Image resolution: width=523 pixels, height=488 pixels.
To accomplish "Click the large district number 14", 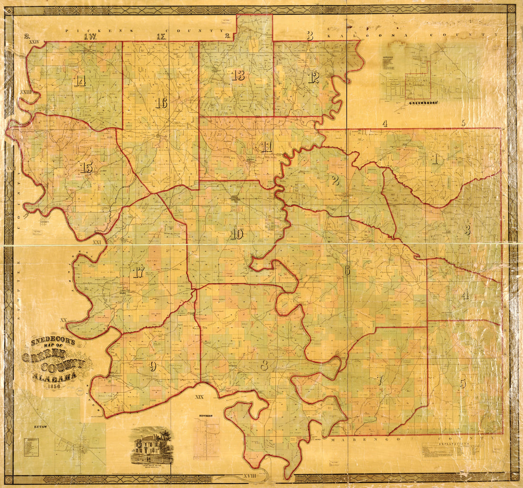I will pyautogui.click(x=80, y=81).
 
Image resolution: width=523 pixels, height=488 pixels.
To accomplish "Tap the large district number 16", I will pyautogui.click(x=161, y=103).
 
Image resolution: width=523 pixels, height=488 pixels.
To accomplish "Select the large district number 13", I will pyautogui.click(x=239, y=75).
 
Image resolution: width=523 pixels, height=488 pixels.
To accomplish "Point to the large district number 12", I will pyautogui.click(x=313, y=77).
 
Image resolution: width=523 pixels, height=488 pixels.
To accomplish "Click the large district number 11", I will pyautogui.click(x=267, y=147).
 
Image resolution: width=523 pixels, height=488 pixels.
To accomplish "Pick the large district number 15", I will pyautogui.click(x=86, y=167).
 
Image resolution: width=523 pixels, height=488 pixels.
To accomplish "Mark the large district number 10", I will pyautogui.click(x=237, y=234).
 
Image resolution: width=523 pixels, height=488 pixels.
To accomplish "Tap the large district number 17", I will pyautogui.click(x=138, y=272).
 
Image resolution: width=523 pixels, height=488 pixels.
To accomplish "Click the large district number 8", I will pyautogui.click(x=264, y=365).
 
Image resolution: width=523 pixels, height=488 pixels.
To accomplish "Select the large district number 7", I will pyautogui.click(x=379, y=380).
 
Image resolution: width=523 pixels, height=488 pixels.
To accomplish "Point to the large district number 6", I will pyautogui.click(x=347, y=270).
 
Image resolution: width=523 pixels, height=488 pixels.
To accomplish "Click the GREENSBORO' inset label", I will pyautogui.click(x=423, y=102).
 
